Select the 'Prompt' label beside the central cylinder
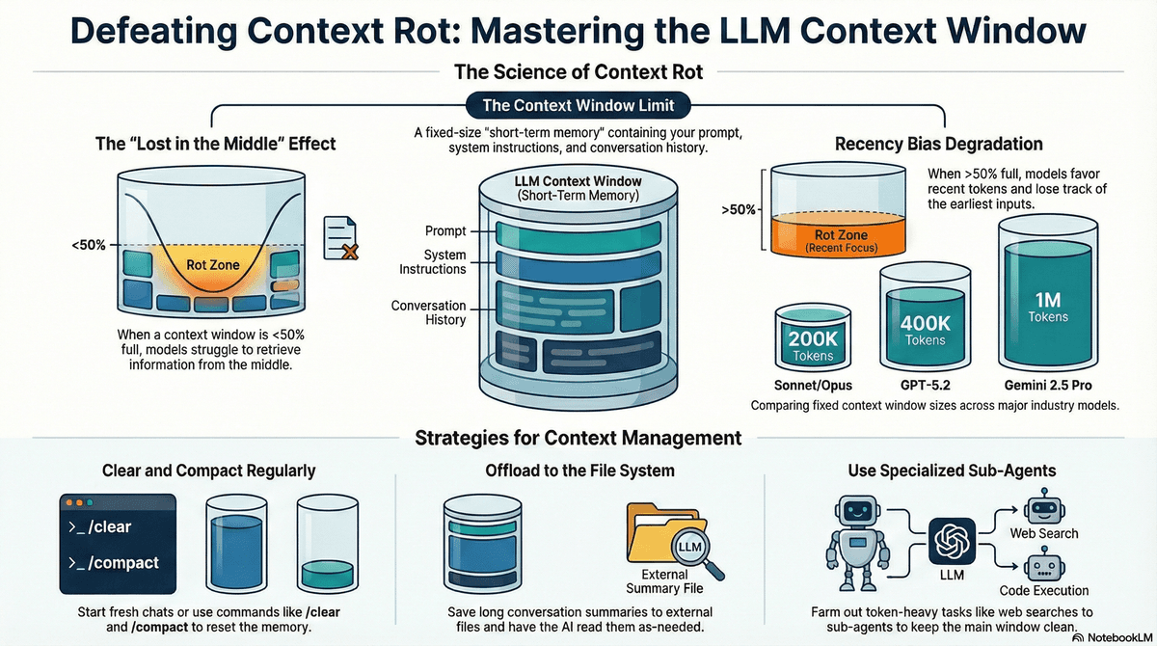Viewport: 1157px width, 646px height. pyautogui.click(x=445, y=231)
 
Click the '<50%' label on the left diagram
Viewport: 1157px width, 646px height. pyautogui.click(x=89, y=246)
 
